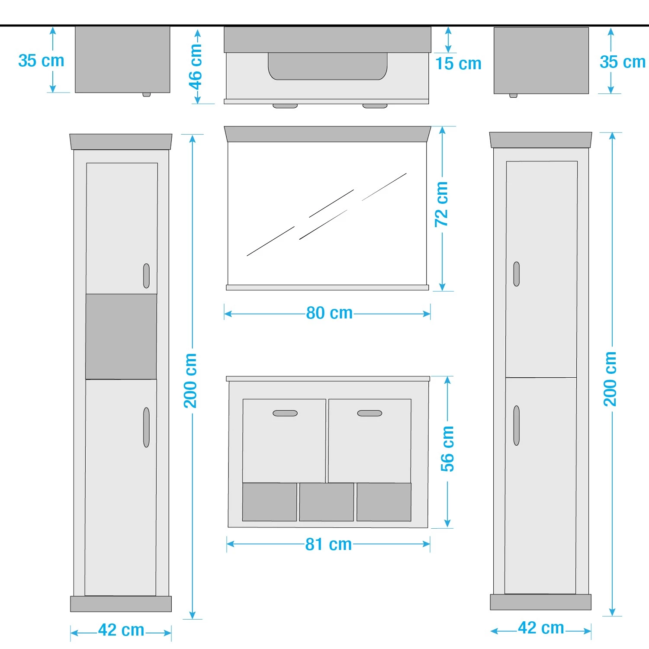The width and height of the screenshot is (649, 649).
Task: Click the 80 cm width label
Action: [x=329, y=313]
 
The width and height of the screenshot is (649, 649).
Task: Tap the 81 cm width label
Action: [x=328, y=544]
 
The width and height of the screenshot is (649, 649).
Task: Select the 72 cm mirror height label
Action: [x=441, y=204]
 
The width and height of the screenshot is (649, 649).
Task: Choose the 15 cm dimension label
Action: [x=458, y=64]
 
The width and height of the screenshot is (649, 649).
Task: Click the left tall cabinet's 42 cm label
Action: [x=121, y=630]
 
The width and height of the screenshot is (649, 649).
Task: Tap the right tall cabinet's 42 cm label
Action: [x=541, y=628]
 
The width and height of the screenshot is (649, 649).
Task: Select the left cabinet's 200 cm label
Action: [x=190, y=381]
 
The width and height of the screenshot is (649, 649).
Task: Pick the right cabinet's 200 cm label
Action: [x=610, y=379]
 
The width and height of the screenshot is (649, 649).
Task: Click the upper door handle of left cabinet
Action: [x=146, y=276]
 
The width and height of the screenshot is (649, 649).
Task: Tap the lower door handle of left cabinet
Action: [x=146, y=427]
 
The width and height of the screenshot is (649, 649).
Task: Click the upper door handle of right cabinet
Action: [x=516, y=274]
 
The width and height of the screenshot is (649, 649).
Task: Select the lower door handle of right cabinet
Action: [x=516, y=425]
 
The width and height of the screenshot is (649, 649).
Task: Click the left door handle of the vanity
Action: [x=285, y=413]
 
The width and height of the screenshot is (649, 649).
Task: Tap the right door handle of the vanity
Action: [x=369, y=413]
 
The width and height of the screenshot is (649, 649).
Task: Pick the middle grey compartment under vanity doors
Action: [x=327, y=502]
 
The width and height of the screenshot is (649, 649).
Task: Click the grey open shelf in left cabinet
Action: [x=121, y=337]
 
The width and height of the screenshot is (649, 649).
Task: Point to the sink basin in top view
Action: [x=328, y=66]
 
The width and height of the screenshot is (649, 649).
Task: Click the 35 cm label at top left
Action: [x=41, y=61]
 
